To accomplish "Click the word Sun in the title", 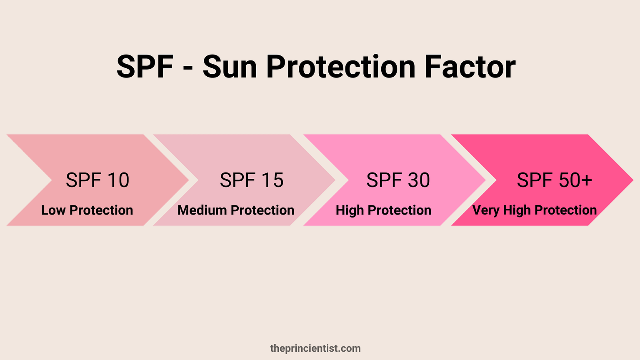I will [230, 67].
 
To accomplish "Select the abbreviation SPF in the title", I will [145, 67].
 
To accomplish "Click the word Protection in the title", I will [341, 67].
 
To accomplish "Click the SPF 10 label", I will [97, 180].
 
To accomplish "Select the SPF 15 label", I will [252, 180].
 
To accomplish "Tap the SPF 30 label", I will [398, 180].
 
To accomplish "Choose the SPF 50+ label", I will [554, 180].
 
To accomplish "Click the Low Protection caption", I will [87, 210].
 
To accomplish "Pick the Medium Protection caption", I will [236, 210].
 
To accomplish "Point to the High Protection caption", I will [383, 210].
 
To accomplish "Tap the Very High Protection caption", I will [534, 210].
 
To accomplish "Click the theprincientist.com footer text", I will [315, 348].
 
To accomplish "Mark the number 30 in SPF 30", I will [419, 180].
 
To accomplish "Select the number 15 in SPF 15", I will [272, 180].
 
